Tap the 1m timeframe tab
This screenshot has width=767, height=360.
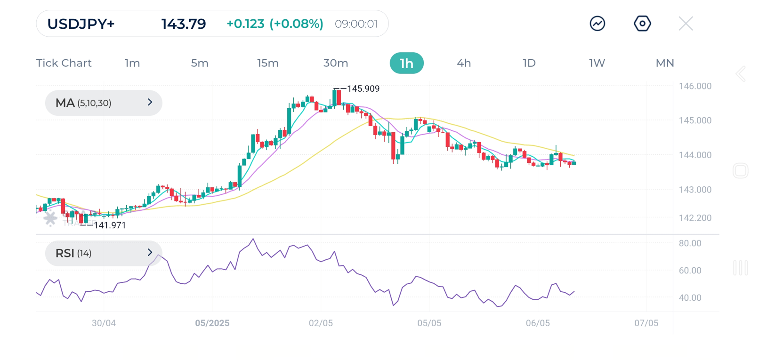tap(132, 63)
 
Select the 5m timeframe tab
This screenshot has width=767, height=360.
tap(200, 63)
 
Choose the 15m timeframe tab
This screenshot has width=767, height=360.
tap(268, 63)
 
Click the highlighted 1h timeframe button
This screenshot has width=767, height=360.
tap(406, 63)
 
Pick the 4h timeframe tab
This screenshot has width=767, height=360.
tap(464, 63)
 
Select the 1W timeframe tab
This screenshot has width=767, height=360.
tap(597, 63)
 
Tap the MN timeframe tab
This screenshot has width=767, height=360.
tap(665, 63)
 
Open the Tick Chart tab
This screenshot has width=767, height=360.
tap(64, 63)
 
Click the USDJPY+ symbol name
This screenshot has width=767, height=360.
tap(81, 24)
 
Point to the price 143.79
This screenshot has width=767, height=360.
tap(184, 24)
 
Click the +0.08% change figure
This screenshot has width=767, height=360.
tap(296, 24)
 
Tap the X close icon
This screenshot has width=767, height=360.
tap(686, 24)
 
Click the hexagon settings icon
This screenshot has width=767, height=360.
tap(642, 24)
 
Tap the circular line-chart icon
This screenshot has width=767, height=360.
tap(597, 24)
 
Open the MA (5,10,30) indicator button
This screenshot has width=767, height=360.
tap(104, 103)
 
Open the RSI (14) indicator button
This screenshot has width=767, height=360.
tap(104, 253)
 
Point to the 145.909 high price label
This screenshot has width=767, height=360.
tap(363, 89)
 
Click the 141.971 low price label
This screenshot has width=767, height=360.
tap(110, 225)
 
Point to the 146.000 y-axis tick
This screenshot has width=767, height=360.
tap(695, 86)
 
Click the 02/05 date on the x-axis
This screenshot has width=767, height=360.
tap(321, 323)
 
